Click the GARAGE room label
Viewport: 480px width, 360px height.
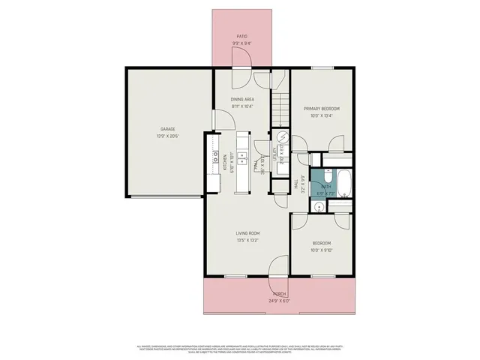coord(166,128)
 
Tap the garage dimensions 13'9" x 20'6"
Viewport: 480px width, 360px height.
coord(166,136)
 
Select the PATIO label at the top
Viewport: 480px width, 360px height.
coord(241,36)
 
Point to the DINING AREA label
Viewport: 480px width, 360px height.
coord(241,98)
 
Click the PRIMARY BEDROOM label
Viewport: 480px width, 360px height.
coord(322,108)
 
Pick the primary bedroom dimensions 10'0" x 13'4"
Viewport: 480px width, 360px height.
coord(322,115)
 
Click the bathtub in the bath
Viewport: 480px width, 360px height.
coord(344,183)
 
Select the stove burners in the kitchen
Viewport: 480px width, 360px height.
coord(214,157)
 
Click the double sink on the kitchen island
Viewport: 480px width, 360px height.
coord(242,157)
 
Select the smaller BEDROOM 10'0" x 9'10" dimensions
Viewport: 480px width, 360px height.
coord(322,249)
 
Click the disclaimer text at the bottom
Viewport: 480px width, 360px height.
coord(240,347)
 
